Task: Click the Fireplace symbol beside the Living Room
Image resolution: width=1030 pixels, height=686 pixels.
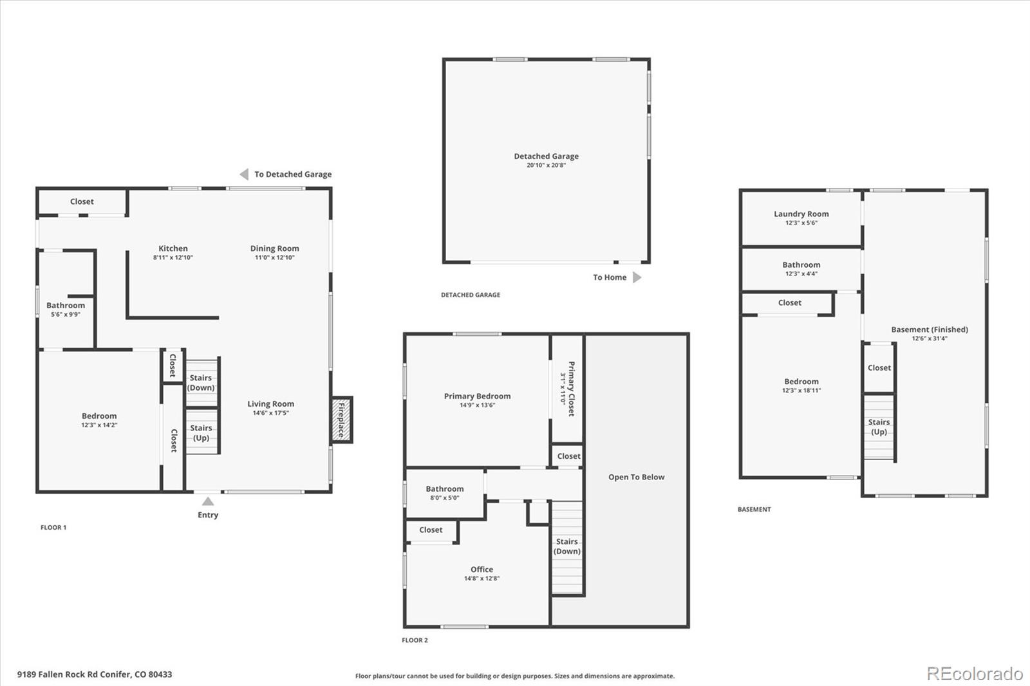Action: coord(342,420)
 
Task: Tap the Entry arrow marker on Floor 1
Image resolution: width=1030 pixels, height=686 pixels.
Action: coord(208,501)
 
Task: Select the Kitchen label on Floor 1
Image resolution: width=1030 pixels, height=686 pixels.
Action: coord(173,248)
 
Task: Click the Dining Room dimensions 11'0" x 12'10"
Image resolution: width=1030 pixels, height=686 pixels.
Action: coord(275,257)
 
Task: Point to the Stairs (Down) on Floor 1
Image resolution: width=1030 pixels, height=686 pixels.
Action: coord(201,382)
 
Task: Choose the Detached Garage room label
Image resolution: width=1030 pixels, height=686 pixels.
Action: coord(546,156)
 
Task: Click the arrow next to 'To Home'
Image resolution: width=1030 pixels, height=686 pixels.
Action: coord(637,277)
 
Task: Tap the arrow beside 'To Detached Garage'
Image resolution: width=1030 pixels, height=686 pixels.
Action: coord(244,174)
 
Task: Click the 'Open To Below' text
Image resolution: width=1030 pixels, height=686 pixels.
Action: coord(636,477)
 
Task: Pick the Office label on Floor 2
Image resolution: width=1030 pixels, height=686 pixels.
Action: coord(482,570)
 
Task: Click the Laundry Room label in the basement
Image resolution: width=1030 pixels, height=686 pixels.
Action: coord(801,214)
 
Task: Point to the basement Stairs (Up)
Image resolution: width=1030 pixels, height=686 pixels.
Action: coord(879,427)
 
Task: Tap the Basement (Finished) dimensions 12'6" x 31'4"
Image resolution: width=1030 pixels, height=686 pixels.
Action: coord(929,338)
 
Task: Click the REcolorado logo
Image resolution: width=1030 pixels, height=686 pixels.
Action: coord(975,674)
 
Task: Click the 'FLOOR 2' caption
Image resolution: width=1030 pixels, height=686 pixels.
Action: coord(415,640)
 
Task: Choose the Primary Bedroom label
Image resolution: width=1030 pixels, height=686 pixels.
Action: coord(477,396)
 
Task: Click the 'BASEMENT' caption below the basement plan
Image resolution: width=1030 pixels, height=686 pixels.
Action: coord(754,510)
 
